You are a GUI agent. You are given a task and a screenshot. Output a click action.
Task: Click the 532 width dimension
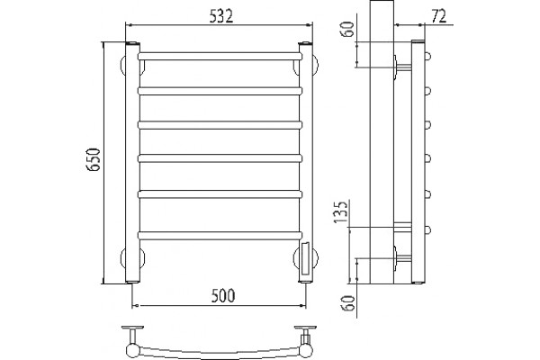221,16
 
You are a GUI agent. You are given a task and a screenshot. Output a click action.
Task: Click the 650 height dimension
94,159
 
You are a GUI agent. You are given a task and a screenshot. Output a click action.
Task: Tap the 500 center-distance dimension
223,296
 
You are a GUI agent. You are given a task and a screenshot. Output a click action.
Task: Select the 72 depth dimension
438,16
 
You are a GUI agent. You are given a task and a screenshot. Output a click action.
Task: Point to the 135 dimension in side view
341,211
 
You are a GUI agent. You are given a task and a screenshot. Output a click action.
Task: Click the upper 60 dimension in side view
347,30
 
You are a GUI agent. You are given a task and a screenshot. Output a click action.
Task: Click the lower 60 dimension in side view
349,303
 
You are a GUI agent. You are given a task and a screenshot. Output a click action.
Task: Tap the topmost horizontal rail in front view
220,56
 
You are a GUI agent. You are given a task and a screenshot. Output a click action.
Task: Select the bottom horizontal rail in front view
220,236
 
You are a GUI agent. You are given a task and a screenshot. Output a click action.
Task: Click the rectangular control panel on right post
305,258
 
